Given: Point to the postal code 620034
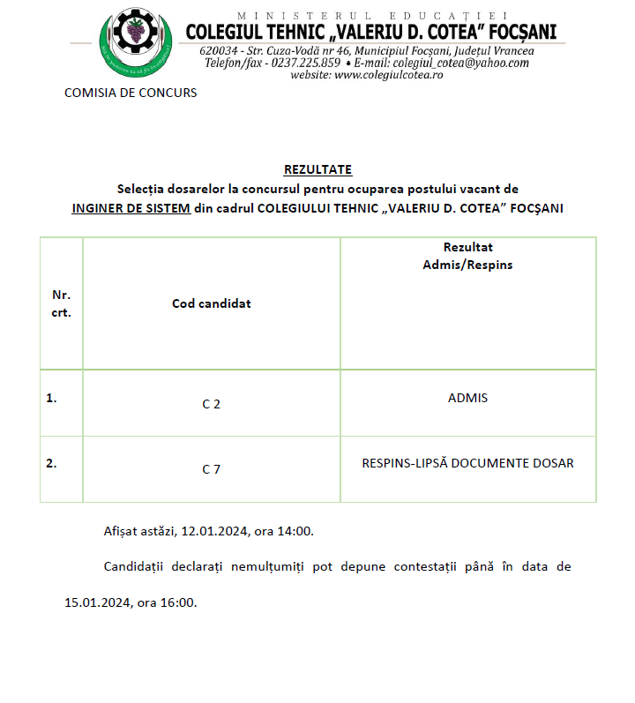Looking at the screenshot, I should click(218, 50).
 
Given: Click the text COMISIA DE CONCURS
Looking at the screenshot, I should click(131, 93).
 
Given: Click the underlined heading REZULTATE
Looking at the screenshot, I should click(317, 169).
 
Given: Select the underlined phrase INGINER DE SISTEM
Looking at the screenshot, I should click(131, 208).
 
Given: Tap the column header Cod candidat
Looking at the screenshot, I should click(212, 303).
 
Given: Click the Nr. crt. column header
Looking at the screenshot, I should click(62, 303).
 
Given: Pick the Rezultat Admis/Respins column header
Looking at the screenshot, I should click(467, 256).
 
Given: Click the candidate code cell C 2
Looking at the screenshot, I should click(212, 404).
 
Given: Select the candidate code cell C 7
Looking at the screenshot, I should click(212, 469).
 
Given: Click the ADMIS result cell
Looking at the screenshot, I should click(467, 398).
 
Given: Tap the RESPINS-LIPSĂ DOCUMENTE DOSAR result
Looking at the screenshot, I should click(467, 463).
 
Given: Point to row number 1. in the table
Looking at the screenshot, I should click(52, 398).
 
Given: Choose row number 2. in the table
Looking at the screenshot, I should click(52, 463).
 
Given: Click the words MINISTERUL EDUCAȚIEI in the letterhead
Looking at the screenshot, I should click(370, 16).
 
